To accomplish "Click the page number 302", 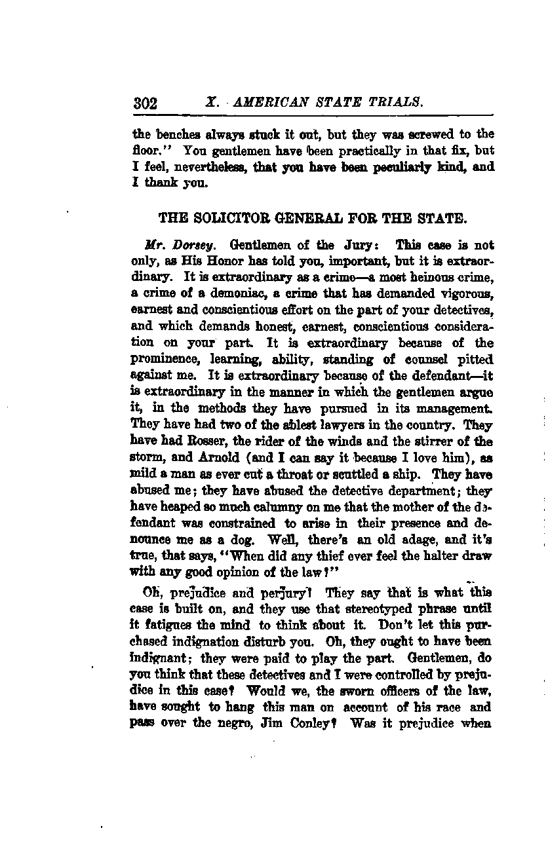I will [x=145, y=103].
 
